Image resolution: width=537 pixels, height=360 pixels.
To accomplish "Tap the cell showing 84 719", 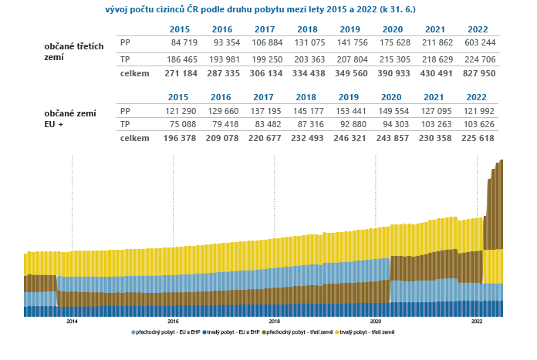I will click(x=175, y=42).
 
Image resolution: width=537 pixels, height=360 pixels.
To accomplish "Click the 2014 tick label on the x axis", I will click(x=72, y=321).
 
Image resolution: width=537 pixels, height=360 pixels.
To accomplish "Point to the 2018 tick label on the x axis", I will click(x=274, y=321).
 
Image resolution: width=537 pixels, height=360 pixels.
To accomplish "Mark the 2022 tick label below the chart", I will click(x=477, y=321).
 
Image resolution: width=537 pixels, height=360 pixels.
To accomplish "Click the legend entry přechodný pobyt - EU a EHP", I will click(x=164, y=331).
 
